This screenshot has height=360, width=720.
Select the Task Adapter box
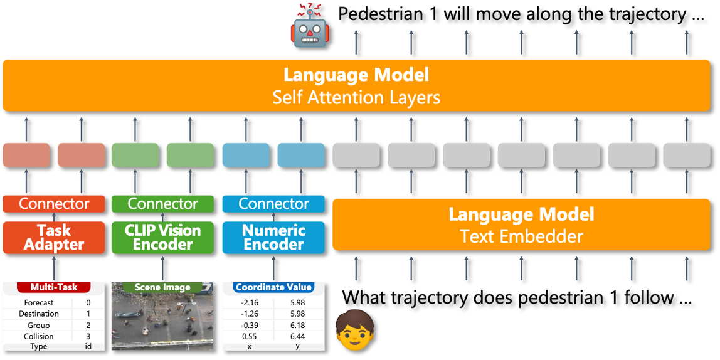pos(54,238)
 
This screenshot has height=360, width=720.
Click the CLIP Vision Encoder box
pos(162,238)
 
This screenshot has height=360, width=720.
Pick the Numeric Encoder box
pos(273,238)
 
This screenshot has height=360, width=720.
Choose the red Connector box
pos(54,204)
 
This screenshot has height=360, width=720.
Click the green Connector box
pos(162,204)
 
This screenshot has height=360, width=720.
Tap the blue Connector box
pos(273,204)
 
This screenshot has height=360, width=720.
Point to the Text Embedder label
pos(521,237)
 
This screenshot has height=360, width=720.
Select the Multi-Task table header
pos(54,287)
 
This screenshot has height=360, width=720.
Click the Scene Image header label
pos(162,287)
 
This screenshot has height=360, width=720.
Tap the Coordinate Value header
pos(273,287)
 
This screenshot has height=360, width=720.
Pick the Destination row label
pos(39,314)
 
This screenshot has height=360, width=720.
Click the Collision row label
pos(39,336)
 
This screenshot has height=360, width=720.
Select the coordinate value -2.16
pos(250,303)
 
